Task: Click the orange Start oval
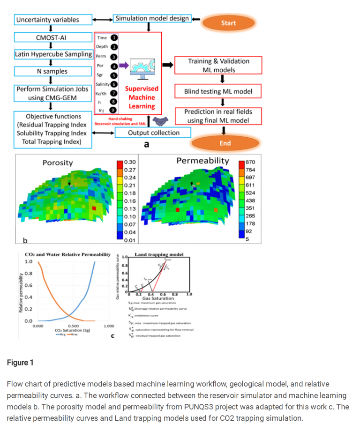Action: [x=229, y=22]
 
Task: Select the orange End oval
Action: [x=225, y=143]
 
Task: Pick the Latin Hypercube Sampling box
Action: [x=53, y=54]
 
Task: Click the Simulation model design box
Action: [x=152, y=19]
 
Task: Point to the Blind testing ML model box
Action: [x=218, y=91]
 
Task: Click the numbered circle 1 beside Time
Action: [x=114, y=38]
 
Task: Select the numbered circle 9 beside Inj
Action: [x=113, y=110]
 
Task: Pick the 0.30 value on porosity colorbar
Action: [x=130, y=162]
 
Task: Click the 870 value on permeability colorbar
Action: [x=250, y=162]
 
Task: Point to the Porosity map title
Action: [x=58, y=163]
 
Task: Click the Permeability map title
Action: [x=202, y=161]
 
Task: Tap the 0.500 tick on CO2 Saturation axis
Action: [x=73, y=326]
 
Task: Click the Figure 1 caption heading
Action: [x=20, y=363]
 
